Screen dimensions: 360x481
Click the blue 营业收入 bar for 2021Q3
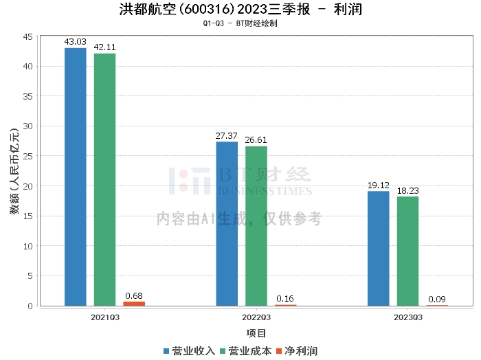tap(76, 177)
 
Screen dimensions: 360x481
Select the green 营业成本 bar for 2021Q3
tap(104, 179)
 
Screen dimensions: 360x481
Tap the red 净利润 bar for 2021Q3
tap(134, 303)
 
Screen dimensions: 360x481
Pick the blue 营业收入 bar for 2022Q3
tap(227, 223)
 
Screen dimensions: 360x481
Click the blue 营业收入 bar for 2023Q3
tap(378, 248)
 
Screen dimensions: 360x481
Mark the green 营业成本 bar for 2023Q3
tap(407, 251)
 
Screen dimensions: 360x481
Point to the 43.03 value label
tap(75, 42)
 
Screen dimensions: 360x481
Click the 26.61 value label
tap(256, 140)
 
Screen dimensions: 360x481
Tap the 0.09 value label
tap(437, 299)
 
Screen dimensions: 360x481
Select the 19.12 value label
tap(378, 185)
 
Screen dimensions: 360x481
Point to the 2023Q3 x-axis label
tap(407, 317)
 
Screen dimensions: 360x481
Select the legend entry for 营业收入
tap(189, 350)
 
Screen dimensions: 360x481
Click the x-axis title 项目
tap(256, 333)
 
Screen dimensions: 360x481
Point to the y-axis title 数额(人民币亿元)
tap(14, 171)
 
